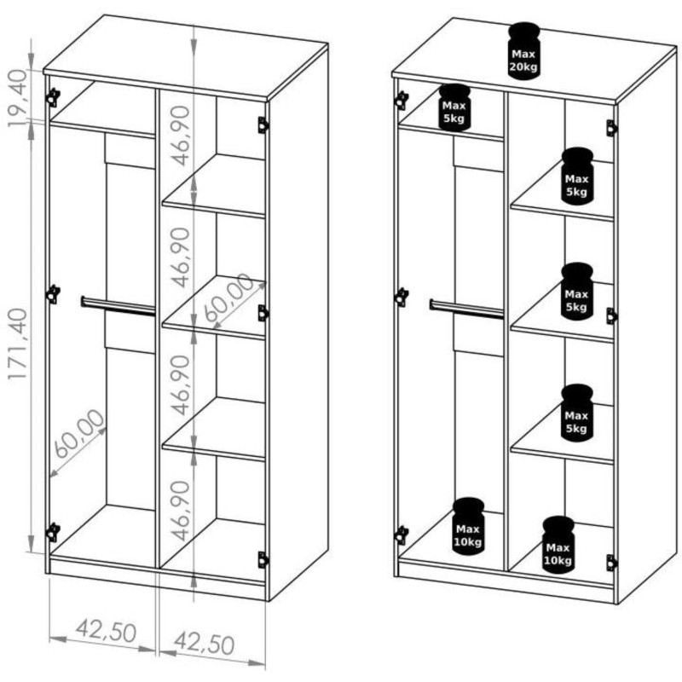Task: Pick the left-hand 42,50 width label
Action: [106, 633]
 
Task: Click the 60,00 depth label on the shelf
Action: [228, 299]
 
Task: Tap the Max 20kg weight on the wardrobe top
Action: [523, 51]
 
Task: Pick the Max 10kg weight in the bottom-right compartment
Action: [558, 545]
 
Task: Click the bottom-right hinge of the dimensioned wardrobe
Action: [263, 559]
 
